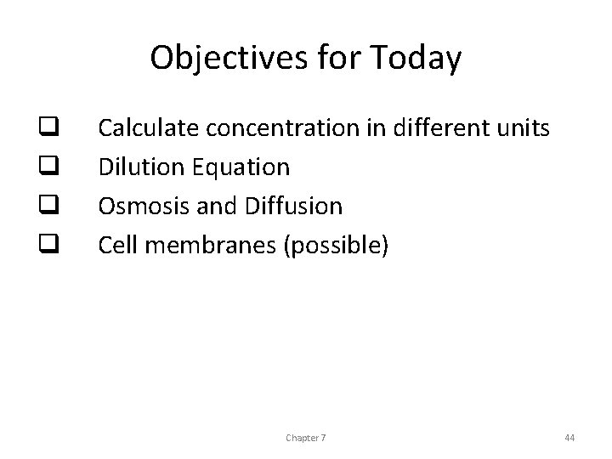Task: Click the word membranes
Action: [x=212, y=246]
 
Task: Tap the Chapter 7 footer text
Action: [x=307, y=437]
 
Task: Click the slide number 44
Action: [x=569, y=437]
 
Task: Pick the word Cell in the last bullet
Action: [x=116, y=246]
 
